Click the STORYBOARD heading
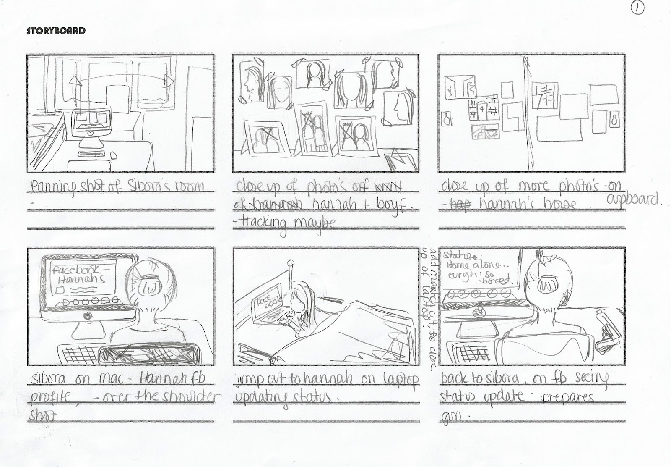(56, 31)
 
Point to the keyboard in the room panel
(93, 154)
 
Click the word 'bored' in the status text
(495, 279)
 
